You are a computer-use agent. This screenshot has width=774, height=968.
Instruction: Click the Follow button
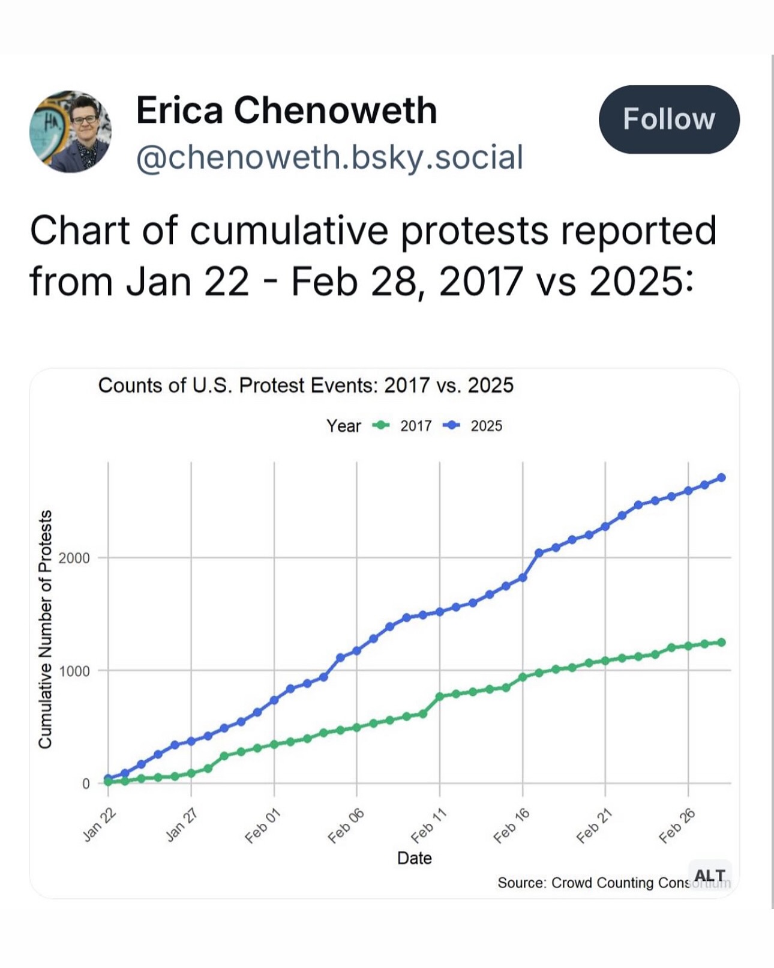668,119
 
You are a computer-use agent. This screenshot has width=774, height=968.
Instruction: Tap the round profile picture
71,132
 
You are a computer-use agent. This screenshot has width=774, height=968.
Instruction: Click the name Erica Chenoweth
286,110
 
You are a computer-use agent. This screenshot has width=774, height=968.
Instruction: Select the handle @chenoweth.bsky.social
329,157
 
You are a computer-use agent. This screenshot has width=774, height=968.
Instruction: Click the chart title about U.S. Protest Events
305,385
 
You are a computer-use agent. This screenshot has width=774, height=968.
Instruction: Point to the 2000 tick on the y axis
74,558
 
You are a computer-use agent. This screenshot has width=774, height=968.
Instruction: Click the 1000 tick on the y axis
74,671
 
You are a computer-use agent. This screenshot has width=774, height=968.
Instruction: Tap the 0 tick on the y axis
85,784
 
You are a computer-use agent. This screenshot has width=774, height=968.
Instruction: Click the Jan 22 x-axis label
99,825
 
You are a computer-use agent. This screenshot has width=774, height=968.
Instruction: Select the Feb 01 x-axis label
263,825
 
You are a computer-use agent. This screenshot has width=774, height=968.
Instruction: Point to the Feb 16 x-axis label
511,825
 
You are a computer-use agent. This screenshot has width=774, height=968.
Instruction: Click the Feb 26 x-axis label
677,825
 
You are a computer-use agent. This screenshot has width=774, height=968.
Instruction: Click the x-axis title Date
414,858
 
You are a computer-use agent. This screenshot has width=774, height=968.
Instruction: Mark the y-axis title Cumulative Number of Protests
45,629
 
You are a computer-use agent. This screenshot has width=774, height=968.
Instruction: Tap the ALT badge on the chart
710,876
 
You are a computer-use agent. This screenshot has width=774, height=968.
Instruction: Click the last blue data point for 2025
721,477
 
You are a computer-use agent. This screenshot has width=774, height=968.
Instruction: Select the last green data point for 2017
721,642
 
